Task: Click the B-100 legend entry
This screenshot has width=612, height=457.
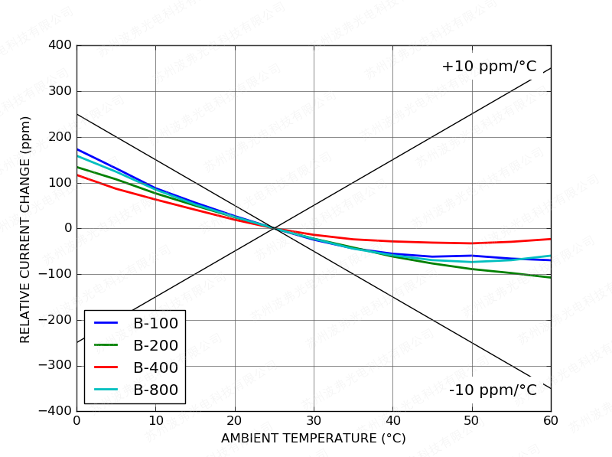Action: (x=155, y=323)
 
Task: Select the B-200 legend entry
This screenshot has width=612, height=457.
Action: (x=155, y=345)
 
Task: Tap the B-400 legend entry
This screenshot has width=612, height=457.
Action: (x=155, y=367)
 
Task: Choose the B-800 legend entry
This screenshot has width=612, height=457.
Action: (x=155, y=390)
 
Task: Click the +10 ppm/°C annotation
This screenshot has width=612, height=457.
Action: (x=489, y=67)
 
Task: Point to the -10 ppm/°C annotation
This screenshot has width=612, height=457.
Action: (x=493, y=390)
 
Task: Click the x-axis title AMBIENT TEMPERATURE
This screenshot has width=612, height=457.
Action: (x=313, y=439)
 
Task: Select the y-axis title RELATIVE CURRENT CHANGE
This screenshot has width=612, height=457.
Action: (x=25, y=229)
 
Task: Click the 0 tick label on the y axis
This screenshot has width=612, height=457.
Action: (x=68, y=228)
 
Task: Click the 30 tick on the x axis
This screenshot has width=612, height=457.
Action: (x=314, y=419)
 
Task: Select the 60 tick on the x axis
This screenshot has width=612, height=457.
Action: (x=551, y=419)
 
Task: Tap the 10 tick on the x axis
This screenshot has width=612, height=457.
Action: (x=155, y=419)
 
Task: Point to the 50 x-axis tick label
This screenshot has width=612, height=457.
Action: (x=472, y=419)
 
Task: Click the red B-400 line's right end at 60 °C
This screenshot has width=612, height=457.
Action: (x=550, y=239)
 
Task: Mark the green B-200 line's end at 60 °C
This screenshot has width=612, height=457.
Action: (x=550, y=277)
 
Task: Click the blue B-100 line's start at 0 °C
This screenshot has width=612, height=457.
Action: (x=77, y=149)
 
